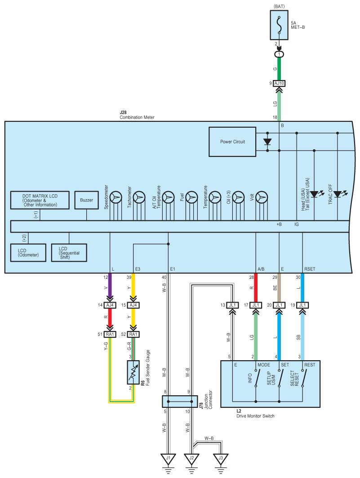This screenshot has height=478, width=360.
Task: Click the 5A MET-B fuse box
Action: (279, 25)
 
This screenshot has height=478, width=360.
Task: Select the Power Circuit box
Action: (232, 142)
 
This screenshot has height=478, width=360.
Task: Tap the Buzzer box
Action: (86, 200)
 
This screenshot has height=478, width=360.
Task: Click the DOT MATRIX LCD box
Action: (40, 200)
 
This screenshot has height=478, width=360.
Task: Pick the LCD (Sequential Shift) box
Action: (69, 253)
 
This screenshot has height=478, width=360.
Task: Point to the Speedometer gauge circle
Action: (116, 197)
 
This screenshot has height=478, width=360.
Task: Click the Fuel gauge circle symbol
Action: (191, 197)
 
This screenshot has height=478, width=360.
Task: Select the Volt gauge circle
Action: (262, 197)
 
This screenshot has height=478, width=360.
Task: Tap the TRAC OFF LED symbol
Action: (338, 194)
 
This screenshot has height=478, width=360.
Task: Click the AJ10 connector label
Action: (279, 83)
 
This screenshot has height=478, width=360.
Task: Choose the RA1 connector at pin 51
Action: (110, 335)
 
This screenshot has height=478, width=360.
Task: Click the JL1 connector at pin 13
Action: (232, 305)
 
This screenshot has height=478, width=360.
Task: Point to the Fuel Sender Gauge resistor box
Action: (133, 372)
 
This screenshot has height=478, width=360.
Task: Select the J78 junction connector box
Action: (180, 402)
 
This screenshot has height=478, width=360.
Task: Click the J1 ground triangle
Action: (168, 459)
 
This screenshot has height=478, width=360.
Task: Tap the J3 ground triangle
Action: (221, 459)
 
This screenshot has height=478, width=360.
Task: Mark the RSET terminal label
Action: (310, 269)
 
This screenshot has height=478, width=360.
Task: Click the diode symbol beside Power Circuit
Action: (267, 142)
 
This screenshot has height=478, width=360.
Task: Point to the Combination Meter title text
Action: (137, 117)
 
